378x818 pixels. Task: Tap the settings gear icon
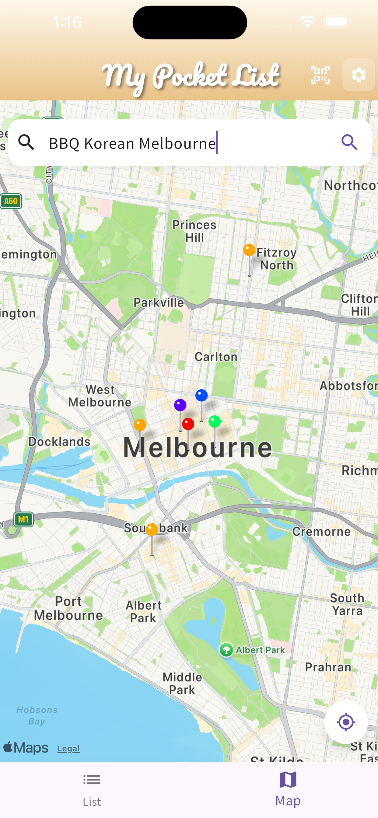click(359, 75)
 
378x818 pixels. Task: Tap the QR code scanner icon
click(320, 75)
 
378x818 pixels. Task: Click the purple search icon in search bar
click(349, 142)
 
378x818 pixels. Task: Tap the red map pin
click(188, 424)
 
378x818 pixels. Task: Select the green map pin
click(214, 422)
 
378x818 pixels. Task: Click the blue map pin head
click(201, 395)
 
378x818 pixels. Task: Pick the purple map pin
click(180, 405)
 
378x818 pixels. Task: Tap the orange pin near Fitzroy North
click(249, 250)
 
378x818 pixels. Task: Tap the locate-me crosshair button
click(346, 722)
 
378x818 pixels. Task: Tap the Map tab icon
click(288, 780)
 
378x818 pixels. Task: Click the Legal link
click(68, 749)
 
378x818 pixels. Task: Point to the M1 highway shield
click(24, 519)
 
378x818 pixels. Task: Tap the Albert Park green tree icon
click(226, 650)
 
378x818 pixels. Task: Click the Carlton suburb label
click(216, 357)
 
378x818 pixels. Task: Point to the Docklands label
click(59, 442)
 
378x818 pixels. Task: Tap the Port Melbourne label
click(68, 608)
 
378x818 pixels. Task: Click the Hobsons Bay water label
click(37, 715)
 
